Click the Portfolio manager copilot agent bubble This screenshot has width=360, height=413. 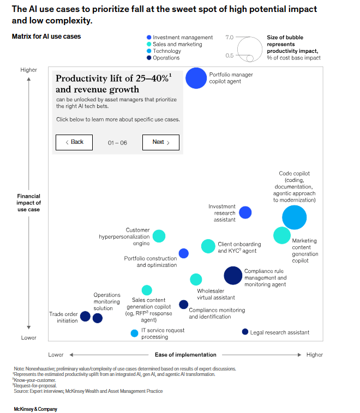(196, 77)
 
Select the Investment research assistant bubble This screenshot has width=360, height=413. (245, 212)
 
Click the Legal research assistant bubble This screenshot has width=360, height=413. (245, 332)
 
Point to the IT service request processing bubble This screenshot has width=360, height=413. (134, 333)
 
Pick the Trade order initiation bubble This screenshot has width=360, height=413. (85, 316)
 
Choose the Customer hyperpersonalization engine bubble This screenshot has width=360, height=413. (159, 236)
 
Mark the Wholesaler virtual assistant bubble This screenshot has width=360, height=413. (196, 280)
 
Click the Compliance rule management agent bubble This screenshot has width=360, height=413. (233, 276)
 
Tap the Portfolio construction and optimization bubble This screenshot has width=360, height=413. (184, 253)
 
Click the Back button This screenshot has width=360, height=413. (74, 142)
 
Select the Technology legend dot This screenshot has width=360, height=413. (149, 51)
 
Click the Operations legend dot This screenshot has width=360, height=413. (149, 58)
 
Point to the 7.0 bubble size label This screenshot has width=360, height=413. (229, 38)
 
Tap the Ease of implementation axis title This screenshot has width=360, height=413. (185, 355)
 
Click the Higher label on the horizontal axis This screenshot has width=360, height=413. (315, 355)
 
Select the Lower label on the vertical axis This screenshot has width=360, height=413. (28, 338)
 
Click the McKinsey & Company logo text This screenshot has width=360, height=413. (35, 409)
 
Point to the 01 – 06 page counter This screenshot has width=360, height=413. (117, 142)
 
